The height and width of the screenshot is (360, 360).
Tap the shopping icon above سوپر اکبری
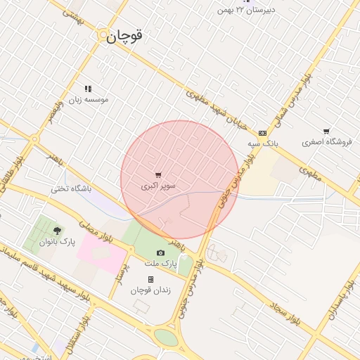coord(158,175)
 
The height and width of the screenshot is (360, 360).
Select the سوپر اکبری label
coord(158,186)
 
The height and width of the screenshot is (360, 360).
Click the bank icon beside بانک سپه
coord(263,133)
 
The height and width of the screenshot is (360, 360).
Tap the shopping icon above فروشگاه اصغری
coord(326,131)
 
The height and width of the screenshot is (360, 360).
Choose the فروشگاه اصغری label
coord(326,142)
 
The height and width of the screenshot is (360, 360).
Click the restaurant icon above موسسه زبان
coord(88,89)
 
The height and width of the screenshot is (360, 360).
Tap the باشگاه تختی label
coord(71,189)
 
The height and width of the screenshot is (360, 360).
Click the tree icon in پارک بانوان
coord(57,230)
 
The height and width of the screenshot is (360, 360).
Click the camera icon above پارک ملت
coord(160,252)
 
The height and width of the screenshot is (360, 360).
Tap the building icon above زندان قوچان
coord(150,279)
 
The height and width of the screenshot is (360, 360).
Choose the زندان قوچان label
coord(147,290)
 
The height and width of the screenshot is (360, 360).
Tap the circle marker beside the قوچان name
coord(103,34)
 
